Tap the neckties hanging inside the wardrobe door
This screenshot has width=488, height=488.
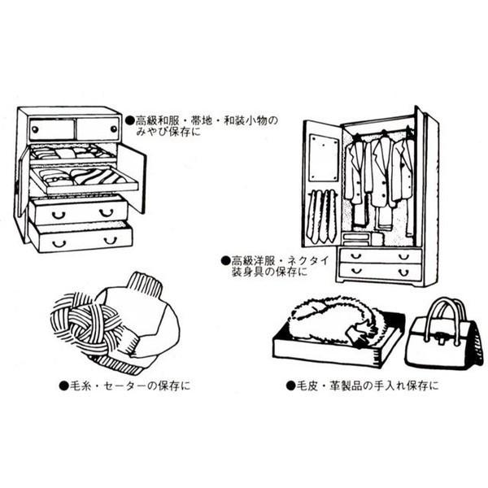[x=322, y=216]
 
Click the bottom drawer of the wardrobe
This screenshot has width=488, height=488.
[x=380, y=271]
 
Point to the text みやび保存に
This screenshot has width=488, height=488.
[x=168, y=131]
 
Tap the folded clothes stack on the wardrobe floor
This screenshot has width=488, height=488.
[x=361, y=238]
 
